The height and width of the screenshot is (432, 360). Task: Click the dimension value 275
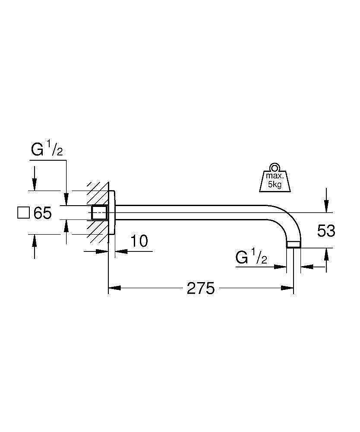(200, 289)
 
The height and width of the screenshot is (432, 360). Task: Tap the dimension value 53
(326, 231)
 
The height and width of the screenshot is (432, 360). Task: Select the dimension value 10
(139, 241)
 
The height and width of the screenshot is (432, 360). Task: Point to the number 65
(43, 213)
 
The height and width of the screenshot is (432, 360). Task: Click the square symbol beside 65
(23, 213)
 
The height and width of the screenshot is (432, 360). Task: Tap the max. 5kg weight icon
(275, 178)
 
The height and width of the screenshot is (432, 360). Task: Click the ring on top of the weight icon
(275, 167)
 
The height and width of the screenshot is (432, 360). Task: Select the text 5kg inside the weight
(275, 184)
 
